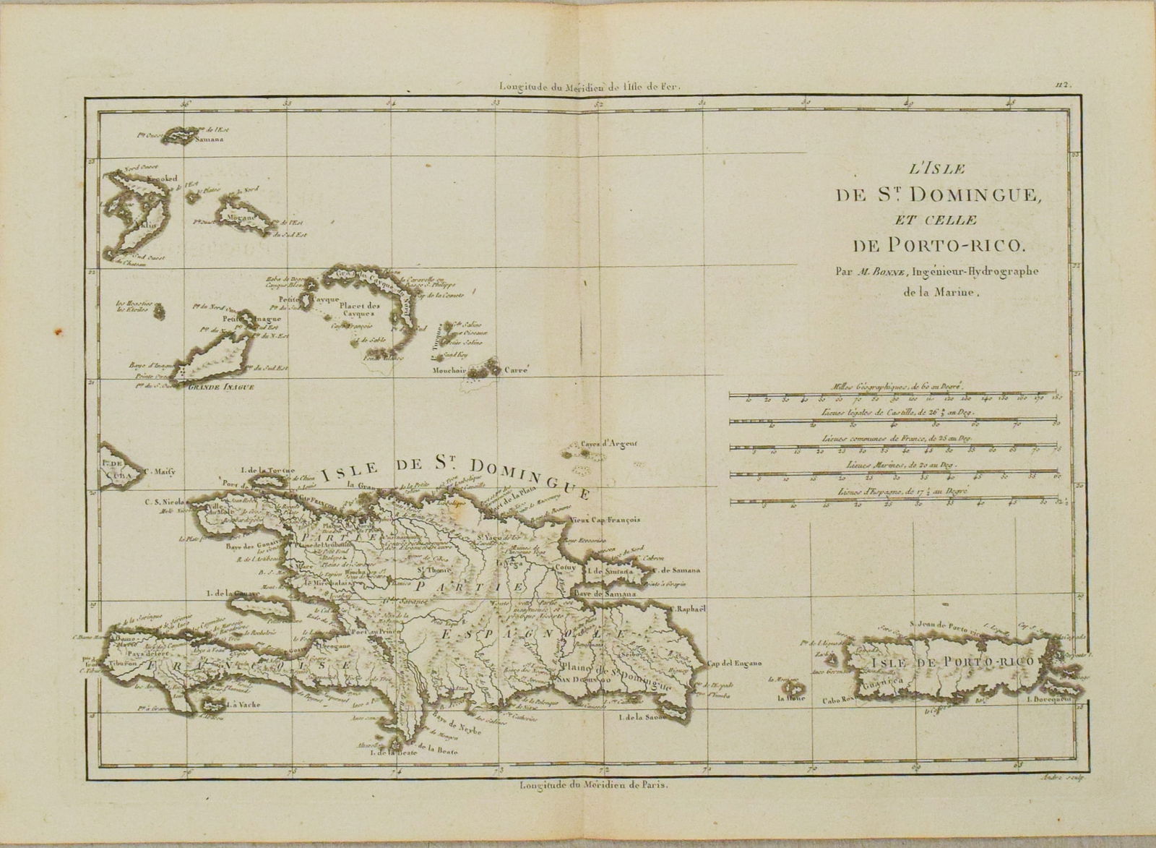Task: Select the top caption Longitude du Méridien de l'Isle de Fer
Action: (590, 85)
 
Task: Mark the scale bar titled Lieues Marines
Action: (892, 475)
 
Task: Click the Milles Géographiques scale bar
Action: (892, 395)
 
